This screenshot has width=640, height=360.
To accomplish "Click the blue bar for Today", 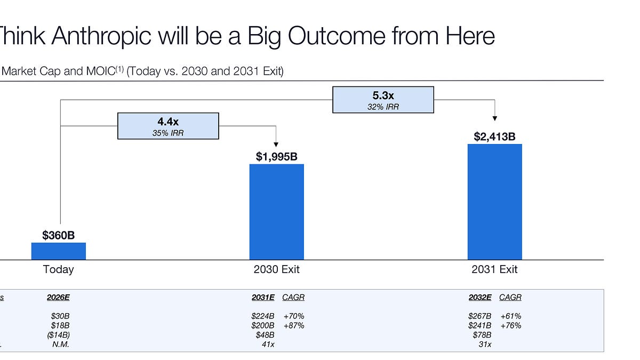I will click(59, 251).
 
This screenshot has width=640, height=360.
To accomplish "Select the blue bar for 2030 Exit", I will click(277, 212).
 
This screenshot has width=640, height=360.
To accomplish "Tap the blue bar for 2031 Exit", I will click(494, 202).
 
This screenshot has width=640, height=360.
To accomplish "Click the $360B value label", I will click(59, 235).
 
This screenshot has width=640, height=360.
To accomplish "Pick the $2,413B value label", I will click(494, 137).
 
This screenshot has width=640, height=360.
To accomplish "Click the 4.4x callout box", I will click(168, 126).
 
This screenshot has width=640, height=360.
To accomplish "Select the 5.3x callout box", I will click(383, 100).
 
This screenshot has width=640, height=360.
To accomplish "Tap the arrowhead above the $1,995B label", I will click(276, 144).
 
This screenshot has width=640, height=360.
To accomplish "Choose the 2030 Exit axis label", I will click(276, 269).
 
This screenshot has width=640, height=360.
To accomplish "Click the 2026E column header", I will click(58, 298).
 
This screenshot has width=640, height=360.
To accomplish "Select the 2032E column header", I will click(480, 298).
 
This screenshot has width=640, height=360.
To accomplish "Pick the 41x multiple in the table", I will click(268, 345).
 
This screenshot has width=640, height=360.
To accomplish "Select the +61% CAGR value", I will click(510, 316).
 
